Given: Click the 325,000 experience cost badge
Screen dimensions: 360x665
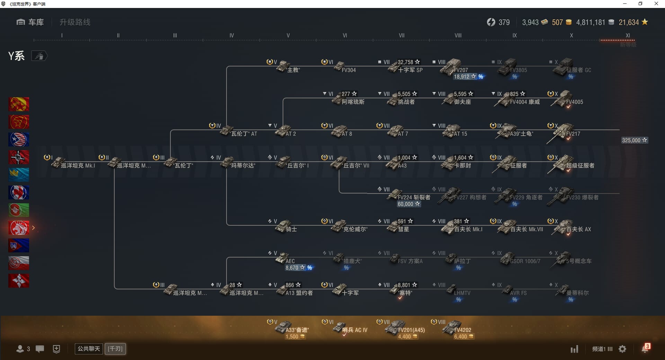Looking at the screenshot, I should (x=634, y=140).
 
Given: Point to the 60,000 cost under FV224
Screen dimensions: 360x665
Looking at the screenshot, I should (x=408, y=204).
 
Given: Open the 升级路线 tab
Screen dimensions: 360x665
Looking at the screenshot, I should (x=75, y=22).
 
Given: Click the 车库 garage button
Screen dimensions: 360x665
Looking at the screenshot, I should (x=30, y=22).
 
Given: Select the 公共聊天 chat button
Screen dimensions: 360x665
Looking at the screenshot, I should (x=89, y=349).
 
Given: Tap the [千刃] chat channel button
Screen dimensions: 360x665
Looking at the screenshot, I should (x=115, y=349).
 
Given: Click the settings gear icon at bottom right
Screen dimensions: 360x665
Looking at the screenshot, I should (x=622, y=349).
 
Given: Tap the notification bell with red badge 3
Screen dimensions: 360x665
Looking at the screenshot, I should (x=645, y=349).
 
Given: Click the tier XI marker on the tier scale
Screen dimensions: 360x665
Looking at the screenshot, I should (x=628, y=35).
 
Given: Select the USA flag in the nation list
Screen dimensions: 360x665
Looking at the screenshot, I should (x=19, y=139).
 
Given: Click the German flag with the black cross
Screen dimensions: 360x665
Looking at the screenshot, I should (x=19, y=157).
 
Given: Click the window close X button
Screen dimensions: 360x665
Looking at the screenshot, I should (x=656, y=4).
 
